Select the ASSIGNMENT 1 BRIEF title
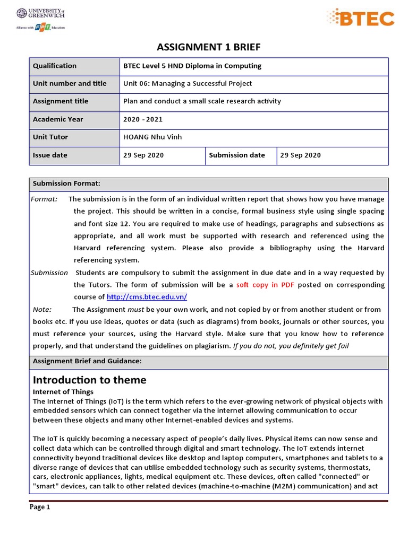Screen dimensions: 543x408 [x=208, y=48]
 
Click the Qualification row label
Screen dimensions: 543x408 [x=55, y=66]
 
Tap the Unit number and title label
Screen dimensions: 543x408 [x=70, y=84]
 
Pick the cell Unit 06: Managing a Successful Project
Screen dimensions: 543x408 [x=188, y=84]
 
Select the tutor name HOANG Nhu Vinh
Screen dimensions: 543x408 [x=152, y=137]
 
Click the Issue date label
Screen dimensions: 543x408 [x=50, y=155]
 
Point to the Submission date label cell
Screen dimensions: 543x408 [x=237, y=155]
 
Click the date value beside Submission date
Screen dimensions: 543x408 [x=301, y=155]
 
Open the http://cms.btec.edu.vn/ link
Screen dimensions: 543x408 [x=147, y=297]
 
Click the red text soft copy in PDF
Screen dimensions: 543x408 [x=265, y=285]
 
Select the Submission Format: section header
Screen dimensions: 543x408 [x=66, y=184]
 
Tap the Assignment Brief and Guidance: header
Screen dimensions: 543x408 [x=87, y=361]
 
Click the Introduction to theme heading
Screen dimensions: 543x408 [x=89, y=380]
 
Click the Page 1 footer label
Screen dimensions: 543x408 [x=40, y=507]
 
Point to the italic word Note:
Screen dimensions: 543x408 [x=42, y=310]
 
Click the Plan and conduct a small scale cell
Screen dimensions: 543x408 [x=202, y=101]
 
